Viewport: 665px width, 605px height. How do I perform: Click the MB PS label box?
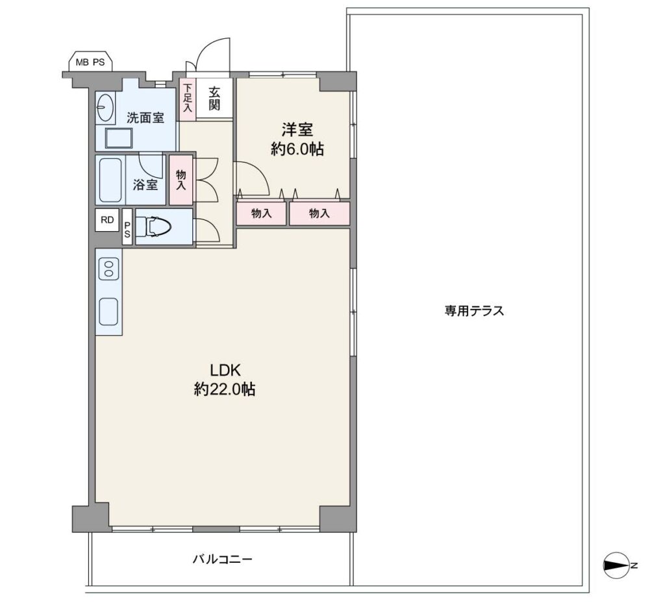tap(90, 61)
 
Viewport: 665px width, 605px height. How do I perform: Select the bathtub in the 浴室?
tap(110, 180)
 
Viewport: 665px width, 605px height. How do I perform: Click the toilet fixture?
tap(158, 227)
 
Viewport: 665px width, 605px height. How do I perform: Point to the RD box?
tap(107, 220)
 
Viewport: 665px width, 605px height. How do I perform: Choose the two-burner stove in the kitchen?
tap(108, 269)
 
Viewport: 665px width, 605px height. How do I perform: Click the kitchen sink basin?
tap(108, 312)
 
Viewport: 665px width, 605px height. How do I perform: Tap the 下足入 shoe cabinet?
tap(188, 99)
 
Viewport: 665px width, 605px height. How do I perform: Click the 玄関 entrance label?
tap(214, 99)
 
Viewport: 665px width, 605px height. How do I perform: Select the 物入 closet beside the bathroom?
tap(181, 180)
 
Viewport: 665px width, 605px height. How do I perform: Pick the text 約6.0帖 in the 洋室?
tap(297, 149)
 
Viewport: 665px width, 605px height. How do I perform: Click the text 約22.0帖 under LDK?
tap(224, 389)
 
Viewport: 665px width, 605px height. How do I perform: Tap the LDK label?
tap(225, 370)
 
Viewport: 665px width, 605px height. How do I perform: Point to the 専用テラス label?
tap(474, 311)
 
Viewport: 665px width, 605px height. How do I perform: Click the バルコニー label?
tap(223, 559)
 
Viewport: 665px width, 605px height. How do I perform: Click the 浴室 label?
tap(145, 184)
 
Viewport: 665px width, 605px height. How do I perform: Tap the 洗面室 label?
tap(145, 117)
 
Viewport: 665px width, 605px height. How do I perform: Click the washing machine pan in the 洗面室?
tap(119, 138)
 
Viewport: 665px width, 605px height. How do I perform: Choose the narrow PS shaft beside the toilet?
tap(127, 227)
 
